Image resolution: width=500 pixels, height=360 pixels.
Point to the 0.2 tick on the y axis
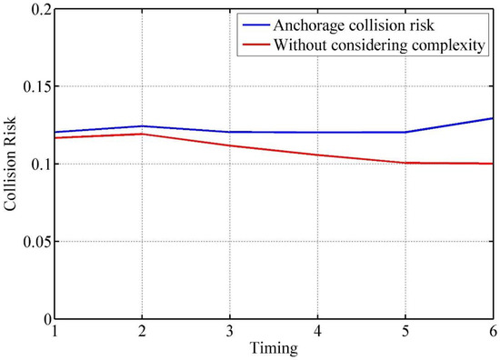tap(36, 9)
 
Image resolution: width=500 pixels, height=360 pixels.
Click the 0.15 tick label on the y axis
tap(33, 86)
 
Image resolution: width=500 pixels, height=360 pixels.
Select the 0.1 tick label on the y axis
tap(36, 165)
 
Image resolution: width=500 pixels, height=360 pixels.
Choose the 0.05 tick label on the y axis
tap(33, 242)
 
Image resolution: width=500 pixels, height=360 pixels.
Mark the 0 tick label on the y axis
tap(44, 319)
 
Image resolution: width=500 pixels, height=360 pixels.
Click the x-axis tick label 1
tap(55, 332)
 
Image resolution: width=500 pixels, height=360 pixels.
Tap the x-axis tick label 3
tap(229, 332)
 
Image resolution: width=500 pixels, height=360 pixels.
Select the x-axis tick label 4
tap(317, 332)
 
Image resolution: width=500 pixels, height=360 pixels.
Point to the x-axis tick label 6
tap(492, 332)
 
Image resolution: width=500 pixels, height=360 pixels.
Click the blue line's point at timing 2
tap(142, 125)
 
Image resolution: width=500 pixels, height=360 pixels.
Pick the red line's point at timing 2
tap(142, 134)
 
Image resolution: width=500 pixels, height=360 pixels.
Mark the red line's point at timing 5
tap(405, 163)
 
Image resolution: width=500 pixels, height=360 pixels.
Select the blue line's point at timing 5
tap(405, 132)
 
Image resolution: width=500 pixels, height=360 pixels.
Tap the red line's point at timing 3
tap(229, 145)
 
